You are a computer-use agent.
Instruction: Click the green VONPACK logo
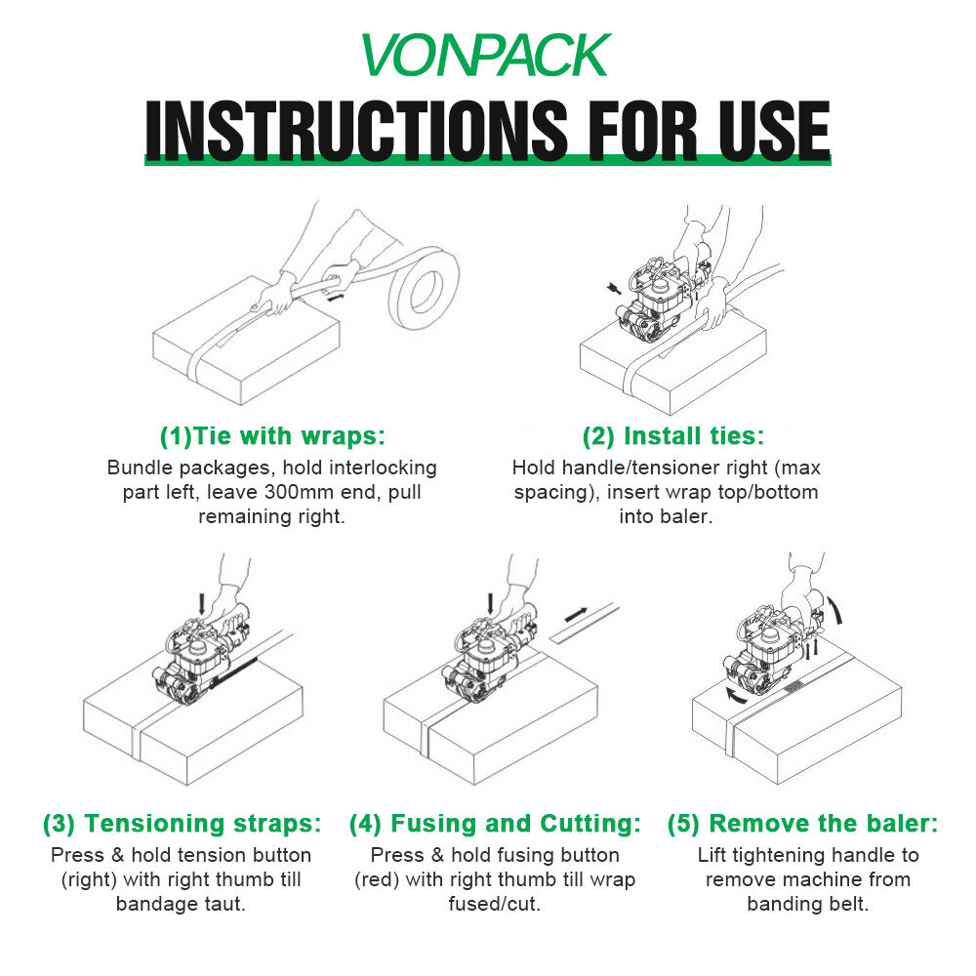pyautogui.click(x=485, y=56)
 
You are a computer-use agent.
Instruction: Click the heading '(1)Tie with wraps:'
pyautogui.click(x=271, y=434)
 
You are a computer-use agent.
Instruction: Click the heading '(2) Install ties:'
pyautogui.click(x=673, y=434)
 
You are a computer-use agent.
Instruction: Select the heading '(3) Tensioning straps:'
pyautogui.click(x=182, y=824)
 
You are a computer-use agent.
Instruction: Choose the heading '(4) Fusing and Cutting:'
pyautogui.click(x=495, y=824)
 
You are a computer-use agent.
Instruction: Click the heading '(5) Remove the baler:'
pyautogui.click(x=802, y=824)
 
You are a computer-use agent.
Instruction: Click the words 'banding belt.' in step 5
pyautogui.click(x=807, y=904)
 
